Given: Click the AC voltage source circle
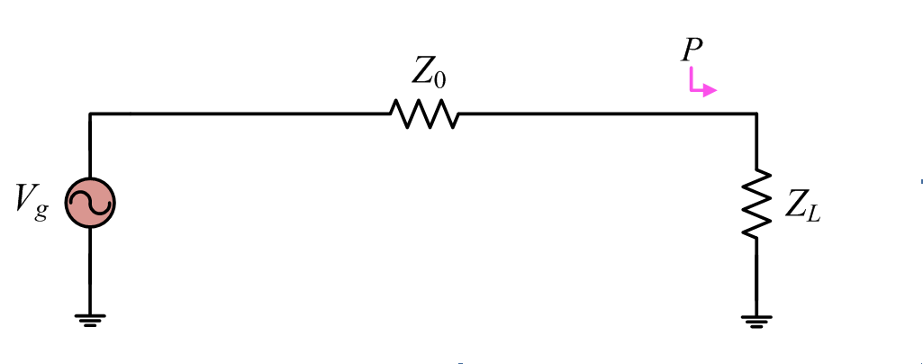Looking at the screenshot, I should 90,205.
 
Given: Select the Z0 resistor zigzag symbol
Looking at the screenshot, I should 423,114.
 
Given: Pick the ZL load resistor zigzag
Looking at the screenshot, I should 756,204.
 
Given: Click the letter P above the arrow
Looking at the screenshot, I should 692,50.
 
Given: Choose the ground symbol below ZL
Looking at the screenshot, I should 756,319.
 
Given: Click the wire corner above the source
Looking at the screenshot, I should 90,114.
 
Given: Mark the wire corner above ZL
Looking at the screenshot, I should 756,114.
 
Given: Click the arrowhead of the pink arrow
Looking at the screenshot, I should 711,90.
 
